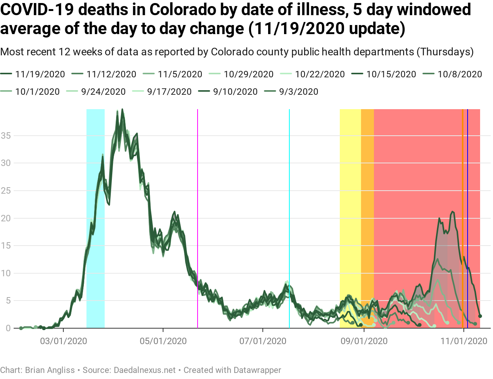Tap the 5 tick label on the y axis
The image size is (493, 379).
pos(8,301)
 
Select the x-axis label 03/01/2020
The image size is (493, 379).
pos(63,341)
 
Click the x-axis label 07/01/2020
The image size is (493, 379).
pos(263,341)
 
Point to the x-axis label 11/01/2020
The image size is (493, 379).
pos(464,341)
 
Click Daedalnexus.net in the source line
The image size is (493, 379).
pos(145,370)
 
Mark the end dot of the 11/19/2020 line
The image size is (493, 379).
pos(480,316)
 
